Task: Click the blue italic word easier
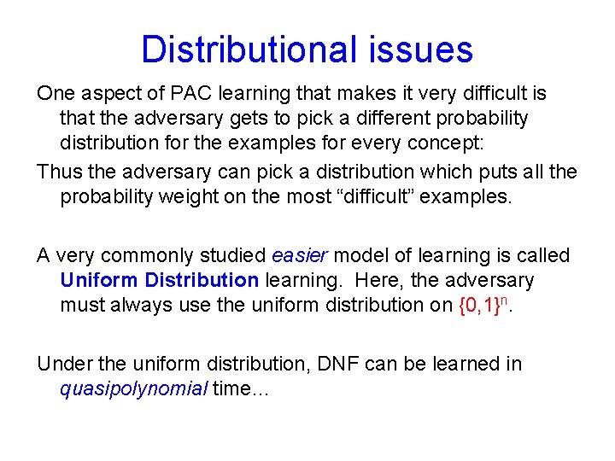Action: pos(298,255)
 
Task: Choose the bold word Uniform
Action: pos(99,280)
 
